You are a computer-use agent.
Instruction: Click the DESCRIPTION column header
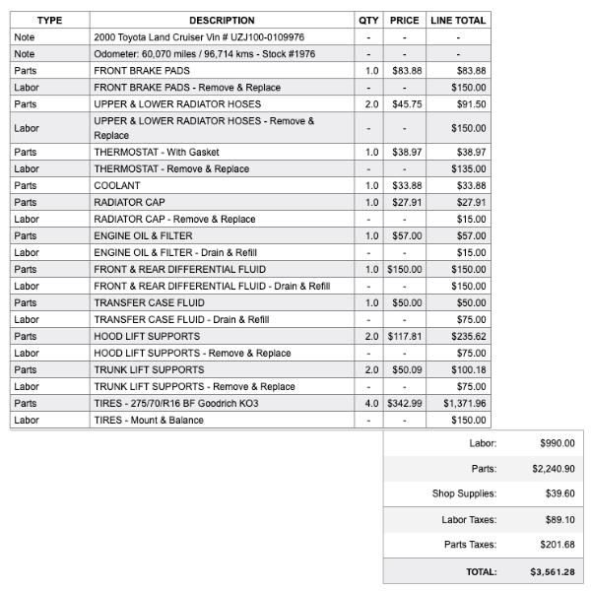[x=222, y=20]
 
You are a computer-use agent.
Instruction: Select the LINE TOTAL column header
[x=457, y=20]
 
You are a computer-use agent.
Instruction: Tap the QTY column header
[x=368, y=20]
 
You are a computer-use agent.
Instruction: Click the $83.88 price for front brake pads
[x=406, y=71]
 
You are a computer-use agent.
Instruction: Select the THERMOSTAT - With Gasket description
[x=157, y=153]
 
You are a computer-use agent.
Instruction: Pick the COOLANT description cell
[x=117, y=186]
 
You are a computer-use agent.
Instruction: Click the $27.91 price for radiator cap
[x=406, y=203]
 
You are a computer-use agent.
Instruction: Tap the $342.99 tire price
[x=404, y=404]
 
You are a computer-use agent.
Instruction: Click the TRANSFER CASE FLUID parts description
[x=150, y=303]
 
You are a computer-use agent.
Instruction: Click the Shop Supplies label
[x=464, y=493]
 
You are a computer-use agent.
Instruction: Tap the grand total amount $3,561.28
[x=552, y=572]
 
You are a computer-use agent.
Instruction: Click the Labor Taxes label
[x=469, y=519]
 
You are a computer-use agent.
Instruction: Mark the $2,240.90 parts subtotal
[x=553, y=469]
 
